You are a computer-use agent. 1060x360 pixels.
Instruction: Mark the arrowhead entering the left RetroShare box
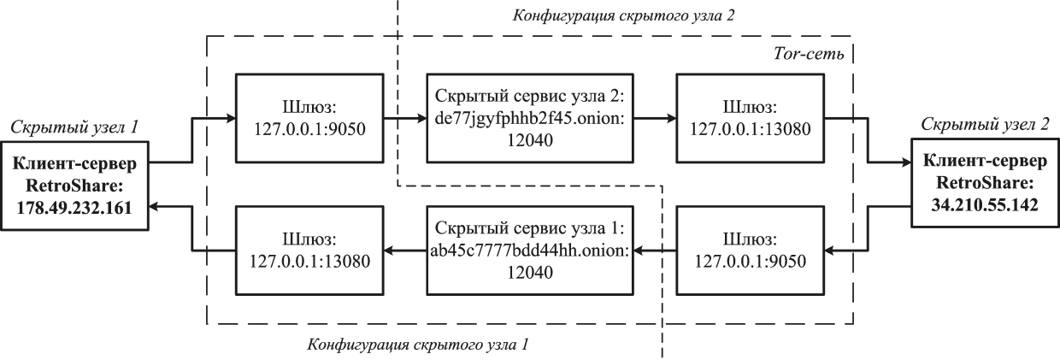147,206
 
